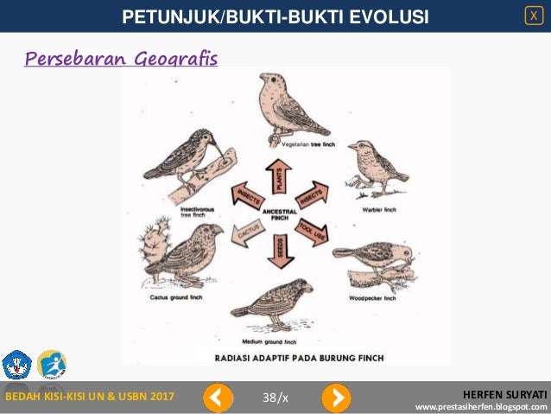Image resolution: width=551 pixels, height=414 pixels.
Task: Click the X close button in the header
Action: coord(535,15)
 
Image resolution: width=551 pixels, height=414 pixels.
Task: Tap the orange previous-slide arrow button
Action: coord(218,398)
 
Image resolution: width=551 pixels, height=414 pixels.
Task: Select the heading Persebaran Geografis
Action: coord(121,59)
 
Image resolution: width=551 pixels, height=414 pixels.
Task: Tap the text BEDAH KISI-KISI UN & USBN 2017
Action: coord(91,397)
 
